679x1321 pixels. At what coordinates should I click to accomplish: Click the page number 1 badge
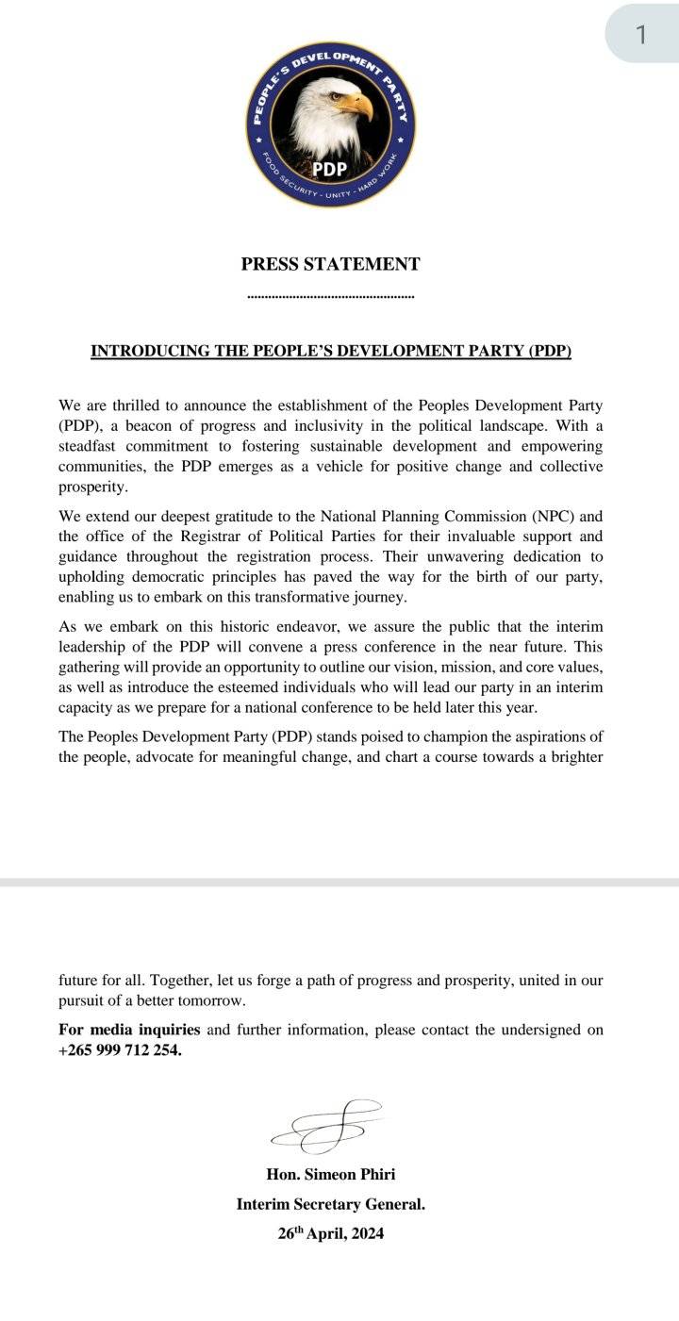point(641,35)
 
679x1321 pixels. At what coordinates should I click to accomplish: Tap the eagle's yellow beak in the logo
point(358,106)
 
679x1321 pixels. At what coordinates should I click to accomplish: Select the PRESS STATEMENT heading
point(330,264)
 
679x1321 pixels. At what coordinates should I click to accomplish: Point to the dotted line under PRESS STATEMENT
point(330,297)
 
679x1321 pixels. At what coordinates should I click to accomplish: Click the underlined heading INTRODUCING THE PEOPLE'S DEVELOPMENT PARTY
point(330,352)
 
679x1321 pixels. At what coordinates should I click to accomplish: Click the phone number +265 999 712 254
point(120,1050)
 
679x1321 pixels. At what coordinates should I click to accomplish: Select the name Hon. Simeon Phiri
point(330,1174)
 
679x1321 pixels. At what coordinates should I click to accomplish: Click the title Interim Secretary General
point(330,1204)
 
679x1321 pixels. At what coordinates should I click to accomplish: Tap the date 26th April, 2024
point(330,1233)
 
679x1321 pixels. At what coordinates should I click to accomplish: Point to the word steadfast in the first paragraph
point(91,446)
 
